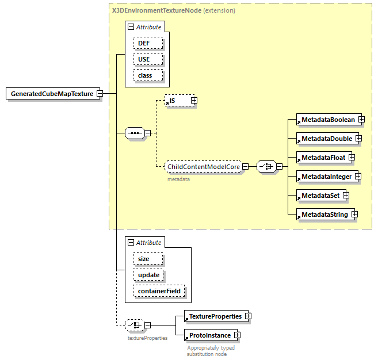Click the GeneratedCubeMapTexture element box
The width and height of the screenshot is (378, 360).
click(x=51, y=94)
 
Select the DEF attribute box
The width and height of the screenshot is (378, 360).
click(x=148, y=43)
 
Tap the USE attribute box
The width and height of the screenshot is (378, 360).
click(x=148, y=59)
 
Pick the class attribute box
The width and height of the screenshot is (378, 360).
click(x=148, y=75)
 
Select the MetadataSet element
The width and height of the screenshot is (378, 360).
click(x=319, y=196)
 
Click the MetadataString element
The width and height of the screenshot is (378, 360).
click(x=323, y=215)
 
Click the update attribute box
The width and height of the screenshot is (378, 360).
click(x=148, y=275)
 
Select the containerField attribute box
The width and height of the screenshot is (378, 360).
click(x=159, y=291)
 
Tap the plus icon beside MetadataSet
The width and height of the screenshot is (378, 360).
click(x=346, y=196)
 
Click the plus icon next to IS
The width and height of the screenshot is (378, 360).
click(x=194, y=101)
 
